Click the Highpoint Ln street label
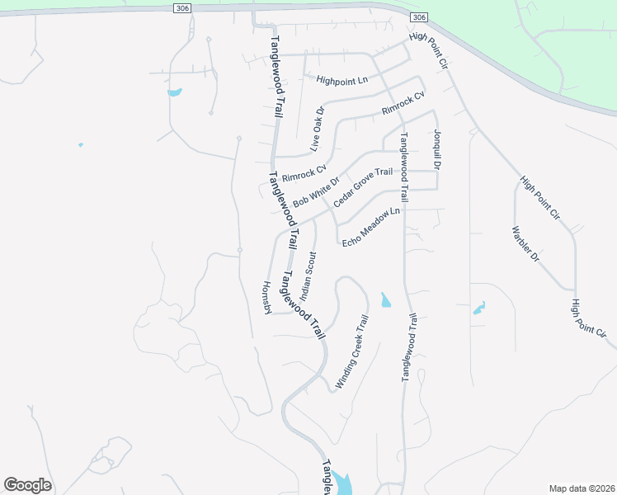[341, 80]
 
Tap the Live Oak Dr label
[318, 129]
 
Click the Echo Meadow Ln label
[370, 225]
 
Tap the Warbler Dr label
[525, 244]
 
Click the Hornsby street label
[266, 297]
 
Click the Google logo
[27, 485]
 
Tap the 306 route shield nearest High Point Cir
[419, 17]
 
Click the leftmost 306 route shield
[183, 7]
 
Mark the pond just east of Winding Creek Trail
[385, 300]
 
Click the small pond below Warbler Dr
[478, 309]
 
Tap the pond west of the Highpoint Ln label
[174, 92]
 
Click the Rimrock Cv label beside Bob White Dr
[304, 173]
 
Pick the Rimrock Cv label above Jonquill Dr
[403, 103]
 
